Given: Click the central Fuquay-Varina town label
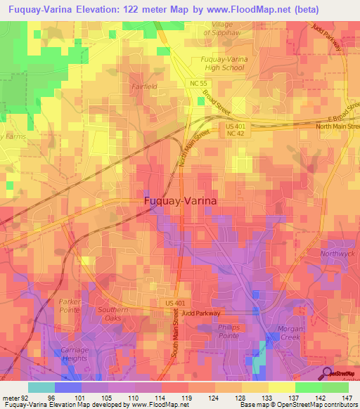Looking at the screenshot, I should [x=181, y=200].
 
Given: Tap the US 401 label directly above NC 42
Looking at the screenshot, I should [x=235, y=126].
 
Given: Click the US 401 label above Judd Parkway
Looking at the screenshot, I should [x=176, y=303].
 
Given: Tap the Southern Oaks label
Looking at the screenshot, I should [x=112, y=314].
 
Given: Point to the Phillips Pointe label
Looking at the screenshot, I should [x=216, y=331].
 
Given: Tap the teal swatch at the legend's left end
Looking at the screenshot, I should [x=41, y=387].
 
